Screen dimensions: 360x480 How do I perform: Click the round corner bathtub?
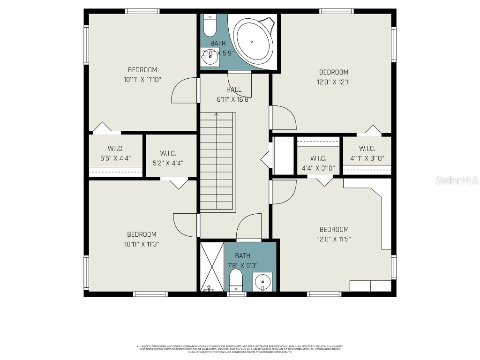click(253, 42)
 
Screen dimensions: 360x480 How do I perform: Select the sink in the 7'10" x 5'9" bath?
click(210, 59)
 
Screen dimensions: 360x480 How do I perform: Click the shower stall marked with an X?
click(212, 266)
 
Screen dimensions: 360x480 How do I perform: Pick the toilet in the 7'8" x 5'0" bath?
click(236, 279)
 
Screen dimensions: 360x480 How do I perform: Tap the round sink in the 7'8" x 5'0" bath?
click(262, 282)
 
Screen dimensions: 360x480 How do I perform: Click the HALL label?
click(233, 90)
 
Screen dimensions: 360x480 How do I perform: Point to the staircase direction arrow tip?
click(216, 114)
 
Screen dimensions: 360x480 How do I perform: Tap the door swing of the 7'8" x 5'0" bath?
click(248, 227)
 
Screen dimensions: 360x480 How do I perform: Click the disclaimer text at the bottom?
click(240, 349)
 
